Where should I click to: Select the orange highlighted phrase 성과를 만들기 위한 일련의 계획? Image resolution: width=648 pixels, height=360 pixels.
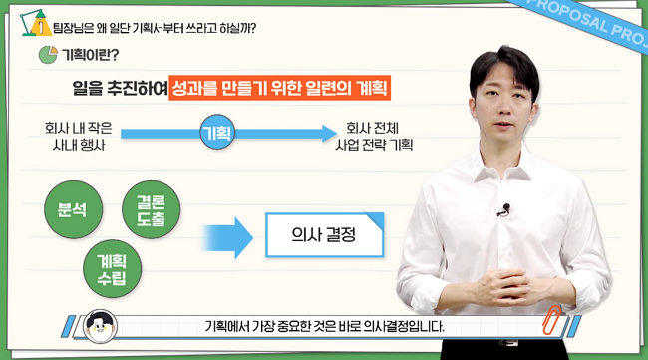pos(278,88)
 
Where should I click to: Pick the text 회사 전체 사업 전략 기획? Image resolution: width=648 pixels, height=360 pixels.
pos(376,135)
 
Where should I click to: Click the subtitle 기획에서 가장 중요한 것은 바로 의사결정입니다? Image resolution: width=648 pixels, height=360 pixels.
pos(323,326)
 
